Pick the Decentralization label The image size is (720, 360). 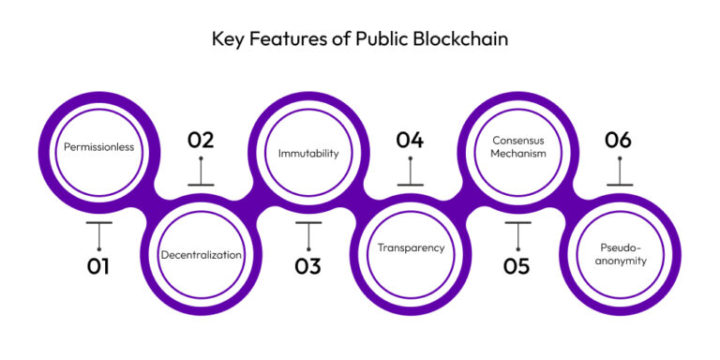click(201, 254)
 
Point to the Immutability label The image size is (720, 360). click(307, 151)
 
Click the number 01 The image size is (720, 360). click(98, 266)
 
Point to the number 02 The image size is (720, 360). click(201, 141)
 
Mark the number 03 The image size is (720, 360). click(307, 266)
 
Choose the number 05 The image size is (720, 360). click(517, 266)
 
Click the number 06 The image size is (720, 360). click(619, 141)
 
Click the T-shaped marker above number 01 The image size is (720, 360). click(98, 232)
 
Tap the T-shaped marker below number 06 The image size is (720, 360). click(620, 174)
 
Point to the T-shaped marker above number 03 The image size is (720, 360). click(308, 232)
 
